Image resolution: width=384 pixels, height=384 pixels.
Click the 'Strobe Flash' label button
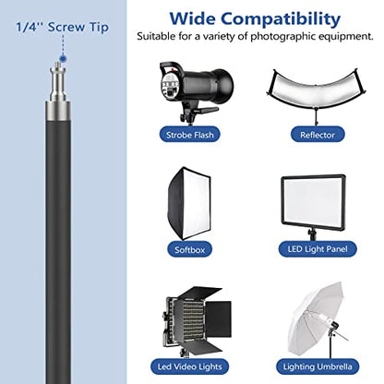[189, 135]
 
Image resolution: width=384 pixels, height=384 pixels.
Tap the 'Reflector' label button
[318, 135]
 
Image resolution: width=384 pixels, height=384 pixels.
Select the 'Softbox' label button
[189, 249]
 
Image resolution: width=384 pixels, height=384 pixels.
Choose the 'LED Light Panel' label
[318, 249]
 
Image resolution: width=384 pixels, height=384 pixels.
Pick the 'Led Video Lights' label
[189, 366]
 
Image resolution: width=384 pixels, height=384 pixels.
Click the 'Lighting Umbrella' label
[318, 366]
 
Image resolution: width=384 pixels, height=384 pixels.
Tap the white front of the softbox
[195, 203]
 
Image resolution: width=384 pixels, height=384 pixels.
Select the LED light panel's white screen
[313, 200]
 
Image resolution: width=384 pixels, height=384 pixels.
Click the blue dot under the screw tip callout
[63, 57]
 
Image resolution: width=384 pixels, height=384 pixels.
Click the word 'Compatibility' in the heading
[281, 19]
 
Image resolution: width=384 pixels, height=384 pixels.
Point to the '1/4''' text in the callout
[29, 27]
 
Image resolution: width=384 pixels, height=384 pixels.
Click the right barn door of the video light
[219, 319]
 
